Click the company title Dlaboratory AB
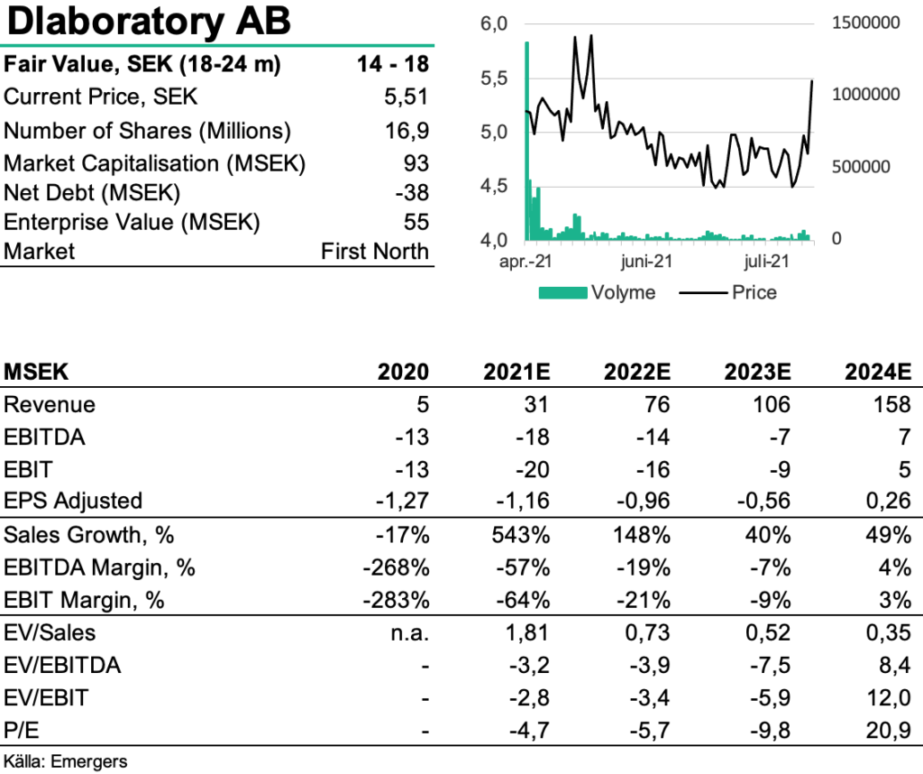149,22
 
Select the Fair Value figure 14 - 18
393,64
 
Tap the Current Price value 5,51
407,97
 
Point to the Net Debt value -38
412,193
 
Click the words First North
375,251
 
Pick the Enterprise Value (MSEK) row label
132,222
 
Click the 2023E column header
757,372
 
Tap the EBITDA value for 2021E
533,438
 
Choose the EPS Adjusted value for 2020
403,501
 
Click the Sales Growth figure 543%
521,535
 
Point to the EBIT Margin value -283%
397,600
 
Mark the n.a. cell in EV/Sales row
410,632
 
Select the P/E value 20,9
889,731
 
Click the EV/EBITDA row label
62,665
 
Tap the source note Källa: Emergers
65,761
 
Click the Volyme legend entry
597,292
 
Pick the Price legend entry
728,292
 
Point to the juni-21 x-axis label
647,261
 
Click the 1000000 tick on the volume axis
866,94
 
